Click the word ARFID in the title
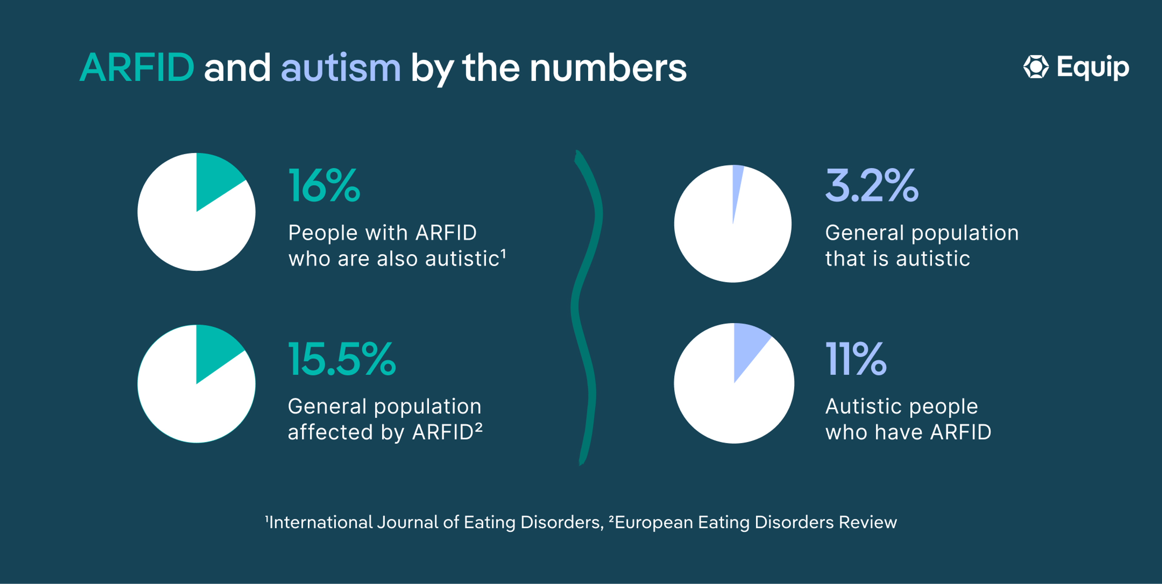[x=137, y=68]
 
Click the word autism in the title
[x=340, y=68]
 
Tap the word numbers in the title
[x=608, y=68]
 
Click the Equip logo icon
[x=1036, y=67]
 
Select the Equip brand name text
[x=1093, y=68]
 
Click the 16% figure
[x=324, y=185]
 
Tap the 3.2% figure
[x=871, y=185]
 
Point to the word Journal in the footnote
[x=407, y=522]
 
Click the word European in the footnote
[x=654, y=523]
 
